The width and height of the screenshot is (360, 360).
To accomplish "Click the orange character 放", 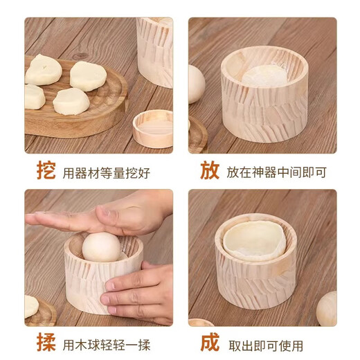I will tap(210, 171).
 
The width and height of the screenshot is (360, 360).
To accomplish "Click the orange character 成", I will tap(210, 343).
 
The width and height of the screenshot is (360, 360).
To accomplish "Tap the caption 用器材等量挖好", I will tap(106, 172).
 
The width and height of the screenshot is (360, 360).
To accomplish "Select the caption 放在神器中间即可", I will tap(276, 172).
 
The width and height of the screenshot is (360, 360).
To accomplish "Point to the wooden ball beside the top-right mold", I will tap(196, 84).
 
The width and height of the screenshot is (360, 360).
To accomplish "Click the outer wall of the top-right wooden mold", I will tap(263, 111).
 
